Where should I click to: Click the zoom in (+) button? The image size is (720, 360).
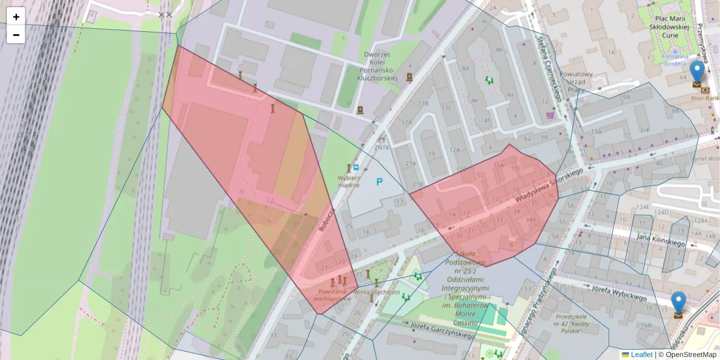16,17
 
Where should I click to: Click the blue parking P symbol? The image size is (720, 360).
379,181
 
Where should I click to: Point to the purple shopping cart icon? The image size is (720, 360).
550,115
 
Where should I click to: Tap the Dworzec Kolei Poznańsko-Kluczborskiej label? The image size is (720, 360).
377,66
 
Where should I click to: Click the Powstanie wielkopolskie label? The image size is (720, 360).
332,295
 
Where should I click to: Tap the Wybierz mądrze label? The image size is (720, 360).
349,181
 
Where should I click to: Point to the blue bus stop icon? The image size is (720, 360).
356,167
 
